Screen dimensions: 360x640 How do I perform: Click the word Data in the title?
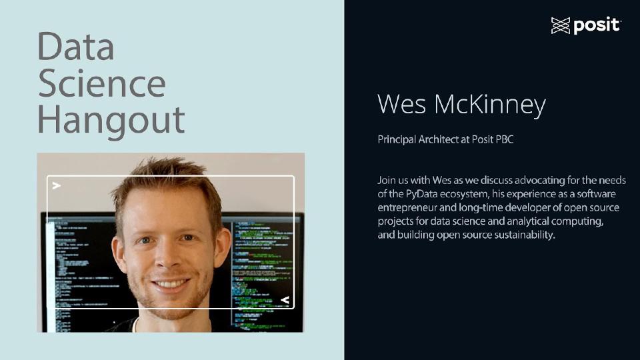coord(75,47)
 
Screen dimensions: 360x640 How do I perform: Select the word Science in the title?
coord(101,83)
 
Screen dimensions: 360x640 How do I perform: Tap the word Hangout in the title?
coord(111,120)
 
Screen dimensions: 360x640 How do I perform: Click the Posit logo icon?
coord(561,26)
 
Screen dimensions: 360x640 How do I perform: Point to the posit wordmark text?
coord(596,26)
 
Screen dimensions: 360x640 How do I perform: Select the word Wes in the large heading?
coord(401,105)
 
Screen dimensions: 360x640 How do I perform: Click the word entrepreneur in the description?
coord(407,207)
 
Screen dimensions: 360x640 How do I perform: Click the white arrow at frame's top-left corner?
coord(57,185)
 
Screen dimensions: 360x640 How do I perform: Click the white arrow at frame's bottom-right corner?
coord(285,300)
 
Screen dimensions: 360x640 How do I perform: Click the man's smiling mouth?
coord(171,284)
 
